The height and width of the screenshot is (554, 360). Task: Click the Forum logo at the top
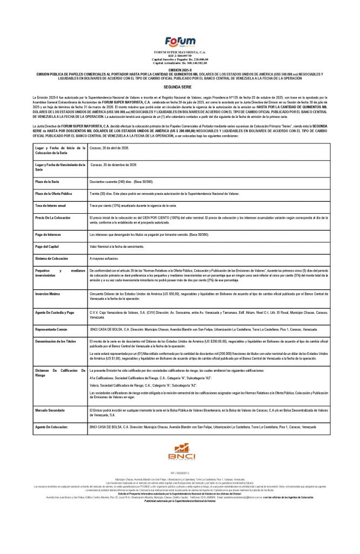point(179,40)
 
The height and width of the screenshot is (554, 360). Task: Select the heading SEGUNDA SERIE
point(180,87)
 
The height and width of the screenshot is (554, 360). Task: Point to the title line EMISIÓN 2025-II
point(180,70)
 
